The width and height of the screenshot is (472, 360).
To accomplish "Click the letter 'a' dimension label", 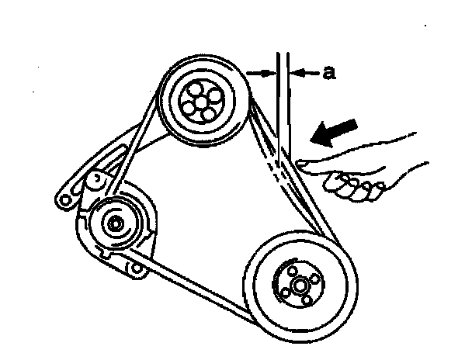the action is pyautogui.click(x=328, y=73).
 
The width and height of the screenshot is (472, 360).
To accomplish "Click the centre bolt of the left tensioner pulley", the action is pyautogui.click(x=114, y=225).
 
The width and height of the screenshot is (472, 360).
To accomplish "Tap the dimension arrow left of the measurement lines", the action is pyautogui.click(x=262, y=73).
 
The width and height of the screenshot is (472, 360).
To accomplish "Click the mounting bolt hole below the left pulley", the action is pyautogui.click(x=137, y=268).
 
